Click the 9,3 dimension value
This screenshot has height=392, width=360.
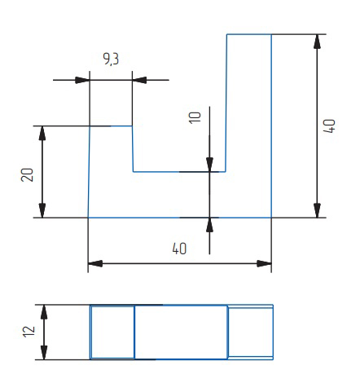[x=111, y=59]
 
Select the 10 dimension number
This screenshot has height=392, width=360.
[x=195, y=117]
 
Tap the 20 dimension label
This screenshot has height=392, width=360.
[x=27, y=174]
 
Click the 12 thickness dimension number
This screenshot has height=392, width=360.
[x=29, y=332]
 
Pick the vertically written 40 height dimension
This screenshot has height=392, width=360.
[x=329, y=126]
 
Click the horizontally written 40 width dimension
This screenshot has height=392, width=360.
[x=179, y=249]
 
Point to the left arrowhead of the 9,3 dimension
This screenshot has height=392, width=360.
[x=82, y=80]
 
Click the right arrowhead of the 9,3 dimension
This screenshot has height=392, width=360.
[x=139, y=80]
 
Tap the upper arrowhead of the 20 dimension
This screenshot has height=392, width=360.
[x=42, y=133]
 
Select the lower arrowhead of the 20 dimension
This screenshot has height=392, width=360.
[x=42, y=210]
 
